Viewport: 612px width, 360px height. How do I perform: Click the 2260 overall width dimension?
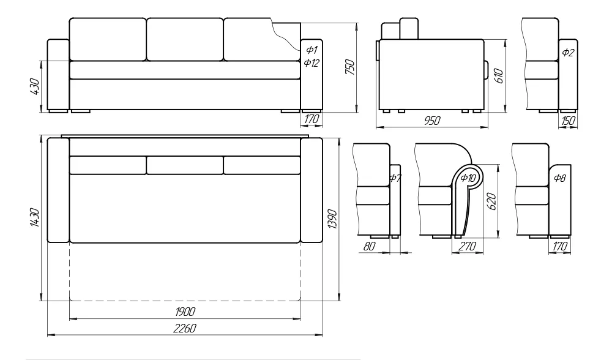coord(185,328)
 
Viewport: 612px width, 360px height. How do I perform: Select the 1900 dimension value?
coord(185,312)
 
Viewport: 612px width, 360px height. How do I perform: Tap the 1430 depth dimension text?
coord(34,217)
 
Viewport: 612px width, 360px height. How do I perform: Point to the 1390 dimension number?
coord(332,219)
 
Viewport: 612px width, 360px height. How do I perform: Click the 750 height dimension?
coord(350,67)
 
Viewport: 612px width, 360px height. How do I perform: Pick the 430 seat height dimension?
coord(34,87)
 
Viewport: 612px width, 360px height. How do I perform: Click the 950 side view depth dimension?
coord(432,121)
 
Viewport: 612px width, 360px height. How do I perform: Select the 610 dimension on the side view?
coord(499,76)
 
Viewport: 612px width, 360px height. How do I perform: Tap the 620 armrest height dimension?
coord(492,201)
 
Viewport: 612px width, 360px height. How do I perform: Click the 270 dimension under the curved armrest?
coord(467,246)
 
